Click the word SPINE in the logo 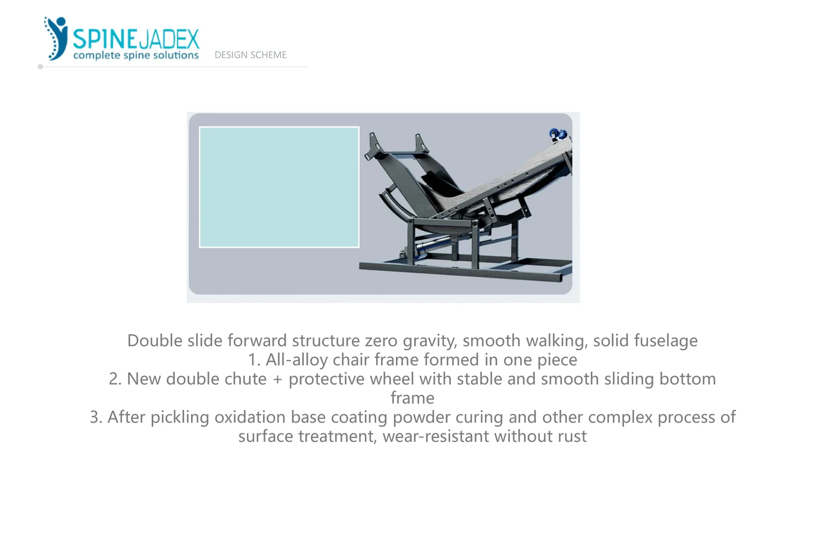105,39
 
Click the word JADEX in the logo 169,39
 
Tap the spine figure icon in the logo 56,38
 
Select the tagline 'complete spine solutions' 136,55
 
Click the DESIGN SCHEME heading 250,55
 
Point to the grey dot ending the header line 40,67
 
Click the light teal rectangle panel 279,187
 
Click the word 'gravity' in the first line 430,341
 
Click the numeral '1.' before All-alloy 254,360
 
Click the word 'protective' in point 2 327,379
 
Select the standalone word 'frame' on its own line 412,398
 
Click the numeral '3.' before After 96,418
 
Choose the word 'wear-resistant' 436,437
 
